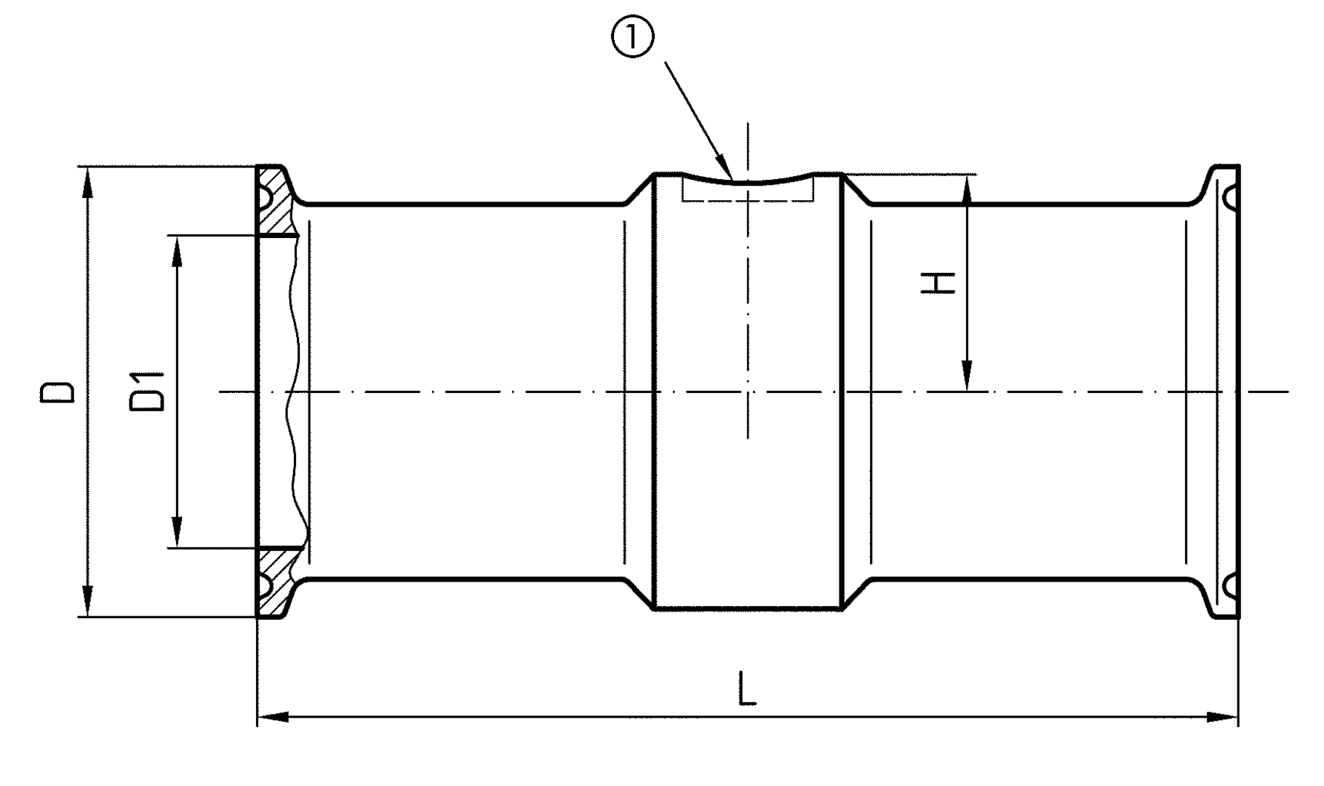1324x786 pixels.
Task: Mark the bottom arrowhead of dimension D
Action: click(87, 604)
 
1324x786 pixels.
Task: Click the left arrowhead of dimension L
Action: click(274, 718)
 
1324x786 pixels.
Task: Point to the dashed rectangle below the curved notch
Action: click(748, 193)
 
